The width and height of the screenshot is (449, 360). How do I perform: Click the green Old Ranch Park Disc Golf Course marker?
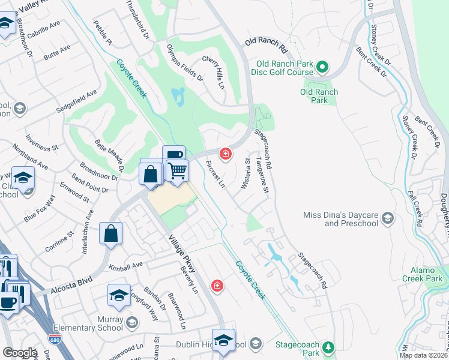point(322,67)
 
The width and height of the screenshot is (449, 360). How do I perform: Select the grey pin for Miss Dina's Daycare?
point(387,217)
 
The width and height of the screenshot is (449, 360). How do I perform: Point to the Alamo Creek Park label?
point(423,274)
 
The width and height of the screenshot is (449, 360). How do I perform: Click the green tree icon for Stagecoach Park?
point(328,347)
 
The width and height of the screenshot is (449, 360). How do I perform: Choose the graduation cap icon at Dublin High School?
point(223,340)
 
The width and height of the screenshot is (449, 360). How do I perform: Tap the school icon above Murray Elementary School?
point(119,295)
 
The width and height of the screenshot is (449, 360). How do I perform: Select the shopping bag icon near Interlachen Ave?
point(111,233)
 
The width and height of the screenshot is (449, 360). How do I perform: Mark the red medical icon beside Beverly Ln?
point(217,286)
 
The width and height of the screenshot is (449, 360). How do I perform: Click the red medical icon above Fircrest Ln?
point(226,155)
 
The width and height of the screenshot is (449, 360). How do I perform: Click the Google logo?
point(20,353)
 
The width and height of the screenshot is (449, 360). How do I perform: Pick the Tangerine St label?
point(262,175)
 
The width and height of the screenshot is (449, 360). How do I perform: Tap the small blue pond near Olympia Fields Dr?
point(178,96)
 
